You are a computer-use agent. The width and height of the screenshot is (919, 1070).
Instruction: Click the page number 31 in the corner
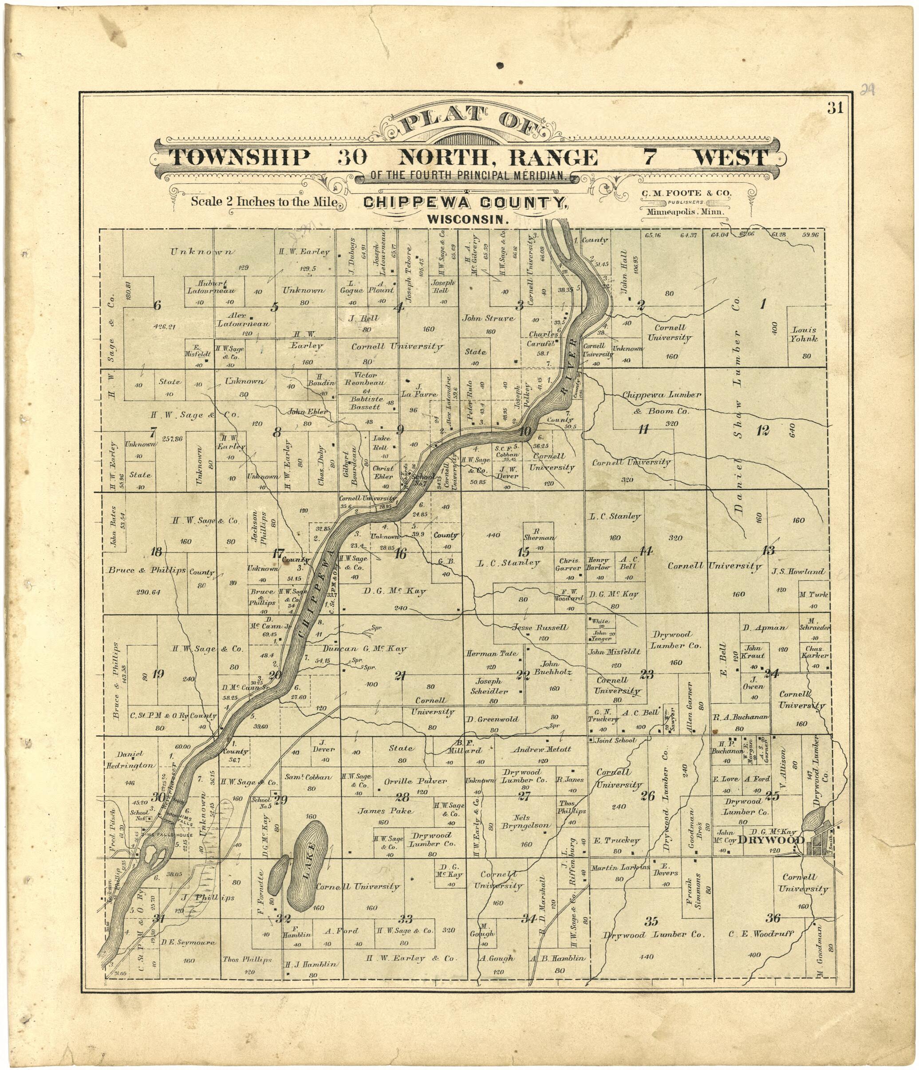(x=835, y=108)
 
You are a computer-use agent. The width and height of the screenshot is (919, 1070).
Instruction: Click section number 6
(x=157, y=306)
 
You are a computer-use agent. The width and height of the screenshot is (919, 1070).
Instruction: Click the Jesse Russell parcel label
(x=540, y=627)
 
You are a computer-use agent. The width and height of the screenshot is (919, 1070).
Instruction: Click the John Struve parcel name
(x=488, y=318)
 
